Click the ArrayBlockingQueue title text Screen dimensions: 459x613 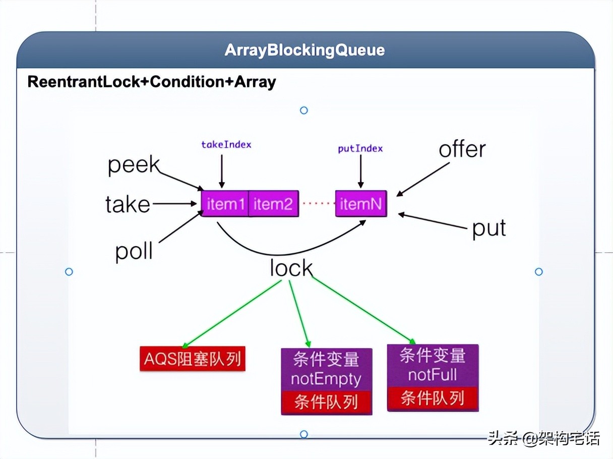click(304, 50)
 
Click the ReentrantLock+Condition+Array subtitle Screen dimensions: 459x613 click(152, 82)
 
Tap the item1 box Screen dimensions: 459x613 click(225, 204)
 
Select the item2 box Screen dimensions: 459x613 click(273, 204)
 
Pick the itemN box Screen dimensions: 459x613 click(361, 204)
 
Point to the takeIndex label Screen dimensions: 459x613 click(226, 145)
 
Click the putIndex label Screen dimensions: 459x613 click(360, 148)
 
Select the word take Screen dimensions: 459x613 click(128, 205)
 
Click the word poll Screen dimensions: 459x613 click(134, 251)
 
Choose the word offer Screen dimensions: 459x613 click(462, 149)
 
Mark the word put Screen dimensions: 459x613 click(488, 228)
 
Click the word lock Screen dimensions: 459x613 click(291, 268)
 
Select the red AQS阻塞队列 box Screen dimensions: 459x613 click(192, 359)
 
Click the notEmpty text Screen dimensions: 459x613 click(326, 378)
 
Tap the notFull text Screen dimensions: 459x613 click(433, 375)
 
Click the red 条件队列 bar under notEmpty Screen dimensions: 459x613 click(326, 402)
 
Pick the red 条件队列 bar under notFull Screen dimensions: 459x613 click(433, 398)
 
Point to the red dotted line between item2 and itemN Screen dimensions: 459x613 click(317, 204)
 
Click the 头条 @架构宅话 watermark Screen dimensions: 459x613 click(543, 438)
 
